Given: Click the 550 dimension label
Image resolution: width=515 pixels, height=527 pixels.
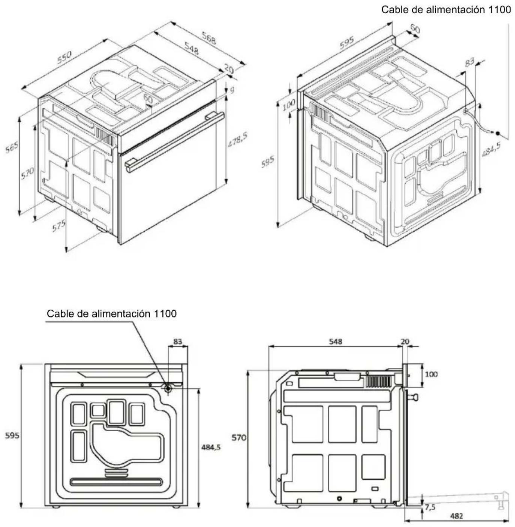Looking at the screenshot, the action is [x=65, y=57].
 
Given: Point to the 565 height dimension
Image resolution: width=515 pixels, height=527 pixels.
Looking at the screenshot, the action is [x=12, y=147].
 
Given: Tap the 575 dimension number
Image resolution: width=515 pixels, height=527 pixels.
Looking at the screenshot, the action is [x=59, y=226].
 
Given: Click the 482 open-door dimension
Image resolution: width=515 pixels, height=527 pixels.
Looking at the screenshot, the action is [x=456, y=516].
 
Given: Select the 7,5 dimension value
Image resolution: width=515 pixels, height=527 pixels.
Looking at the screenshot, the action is [x=430, y=508].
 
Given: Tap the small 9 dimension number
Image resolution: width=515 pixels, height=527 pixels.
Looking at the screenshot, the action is [x=232, y=90].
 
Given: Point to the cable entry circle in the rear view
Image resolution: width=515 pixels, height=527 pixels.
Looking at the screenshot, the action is [x=168, y=388].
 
